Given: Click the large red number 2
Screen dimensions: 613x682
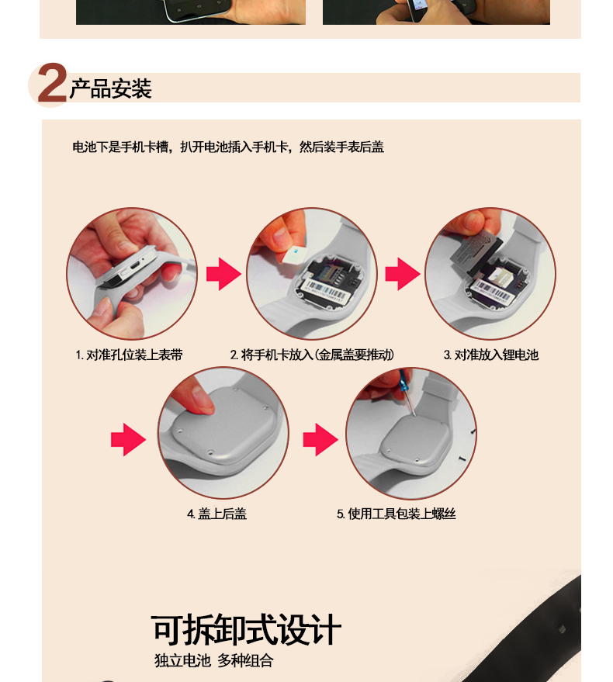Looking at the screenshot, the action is pyautogui.click(x=52, y=83).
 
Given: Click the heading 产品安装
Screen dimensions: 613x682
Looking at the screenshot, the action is pyautogui.click(x=110, y=88).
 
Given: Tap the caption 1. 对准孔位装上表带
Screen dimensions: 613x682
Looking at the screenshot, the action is pyautogui.click(x=130, y=355).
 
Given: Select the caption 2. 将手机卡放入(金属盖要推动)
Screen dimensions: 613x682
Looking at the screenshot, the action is pyautogui.click(x=312, y=355).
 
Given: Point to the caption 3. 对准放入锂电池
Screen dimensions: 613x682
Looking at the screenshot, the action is pyautogui.click(x=490, y=355).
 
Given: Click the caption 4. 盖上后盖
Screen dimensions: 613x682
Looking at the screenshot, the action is pyautogui.click(x=216, y=514).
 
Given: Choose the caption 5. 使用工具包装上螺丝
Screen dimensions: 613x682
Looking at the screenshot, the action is pyautogui.click(x=396, y=514).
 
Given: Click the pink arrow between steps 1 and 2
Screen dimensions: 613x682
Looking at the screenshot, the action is pyautogui.click(x=223, y=274).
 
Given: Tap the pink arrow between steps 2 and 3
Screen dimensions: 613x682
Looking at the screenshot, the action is pyautogui.click(x=403, y=274).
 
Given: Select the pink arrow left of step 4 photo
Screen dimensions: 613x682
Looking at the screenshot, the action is pyautogui.click(x=128, y=439).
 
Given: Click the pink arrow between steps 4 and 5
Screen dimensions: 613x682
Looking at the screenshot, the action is pyautogui.click(x=320, y=439).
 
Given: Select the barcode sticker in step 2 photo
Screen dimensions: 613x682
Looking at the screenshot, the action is pyautogui.click(x=325, y=292).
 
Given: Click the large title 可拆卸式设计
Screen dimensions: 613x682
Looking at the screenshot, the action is pyautogui.click(x=246, y=629).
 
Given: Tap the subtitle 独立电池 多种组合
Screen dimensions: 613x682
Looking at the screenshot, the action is pyautogui.click(x=214, y=661).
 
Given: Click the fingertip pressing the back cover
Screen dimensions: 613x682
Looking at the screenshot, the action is pyautogui.click(x=202, y=403).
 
